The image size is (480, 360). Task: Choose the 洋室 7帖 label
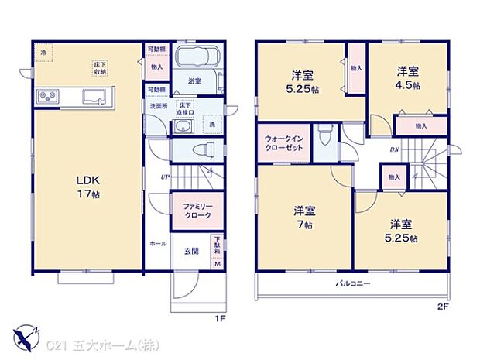[303, 217]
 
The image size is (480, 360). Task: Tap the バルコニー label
[352, 284]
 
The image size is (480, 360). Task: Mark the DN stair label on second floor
[393, 149]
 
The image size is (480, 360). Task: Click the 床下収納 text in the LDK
[101, 69]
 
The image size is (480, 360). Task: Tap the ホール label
[158, 243]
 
